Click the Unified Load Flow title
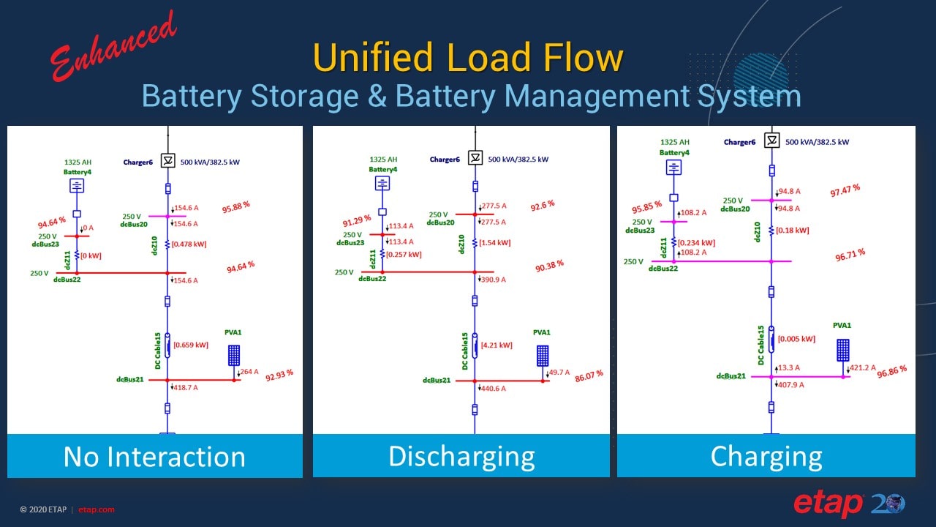468,58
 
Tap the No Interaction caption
154,457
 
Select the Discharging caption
461,457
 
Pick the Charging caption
766,457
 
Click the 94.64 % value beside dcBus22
241,267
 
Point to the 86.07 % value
589,377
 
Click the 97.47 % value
845,191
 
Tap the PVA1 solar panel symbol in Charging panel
843,350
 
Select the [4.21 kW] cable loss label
497,345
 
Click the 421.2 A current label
862,368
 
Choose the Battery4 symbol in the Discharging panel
382,183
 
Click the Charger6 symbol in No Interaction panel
167,160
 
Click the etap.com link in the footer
97,509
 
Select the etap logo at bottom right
849,504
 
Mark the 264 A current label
249,372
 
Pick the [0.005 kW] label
797,339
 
